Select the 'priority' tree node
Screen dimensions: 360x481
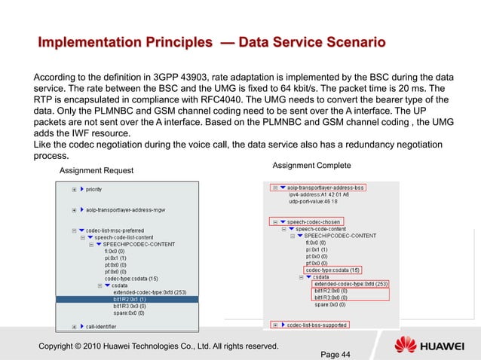(94, 189)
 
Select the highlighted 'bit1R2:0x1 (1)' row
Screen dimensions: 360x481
(129, 299)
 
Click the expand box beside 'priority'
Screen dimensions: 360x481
(74, 189)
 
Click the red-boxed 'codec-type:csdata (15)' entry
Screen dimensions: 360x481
(332, 270)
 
